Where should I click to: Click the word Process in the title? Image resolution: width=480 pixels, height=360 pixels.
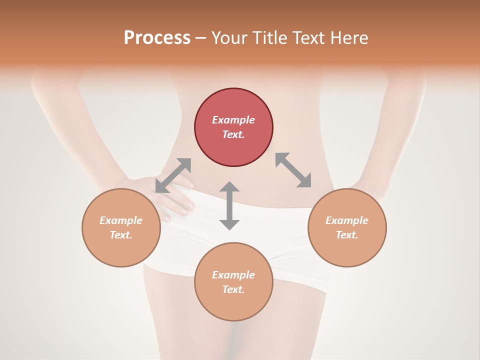click(157, 38)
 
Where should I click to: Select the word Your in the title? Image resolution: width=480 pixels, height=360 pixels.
click(229, 38)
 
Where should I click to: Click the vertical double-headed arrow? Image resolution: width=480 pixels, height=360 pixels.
click(229, 205)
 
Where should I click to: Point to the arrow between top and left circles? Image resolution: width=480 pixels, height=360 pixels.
click(173, 175)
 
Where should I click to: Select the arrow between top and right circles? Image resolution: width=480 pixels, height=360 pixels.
click(293, 170)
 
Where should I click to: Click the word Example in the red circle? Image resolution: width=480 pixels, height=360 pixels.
click(233, 120)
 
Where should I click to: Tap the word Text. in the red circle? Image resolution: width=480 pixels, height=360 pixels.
click(233, 134)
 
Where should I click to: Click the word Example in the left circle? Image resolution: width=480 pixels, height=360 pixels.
click(121, 220)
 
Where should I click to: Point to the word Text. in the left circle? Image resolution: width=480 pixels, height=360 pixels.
click(121, 235)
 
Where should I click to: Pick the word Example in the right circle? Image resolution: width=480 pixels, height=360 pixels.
click(347, 220)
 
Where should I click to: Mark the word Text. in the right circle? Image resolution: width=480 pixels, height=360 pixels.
click(347, 235)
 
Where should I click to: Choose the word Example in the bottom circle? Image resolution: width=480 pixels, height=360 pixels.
click(233, 275)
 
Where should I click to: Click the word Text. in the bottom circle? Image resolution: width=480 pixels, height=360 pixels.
click(233, 289)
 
